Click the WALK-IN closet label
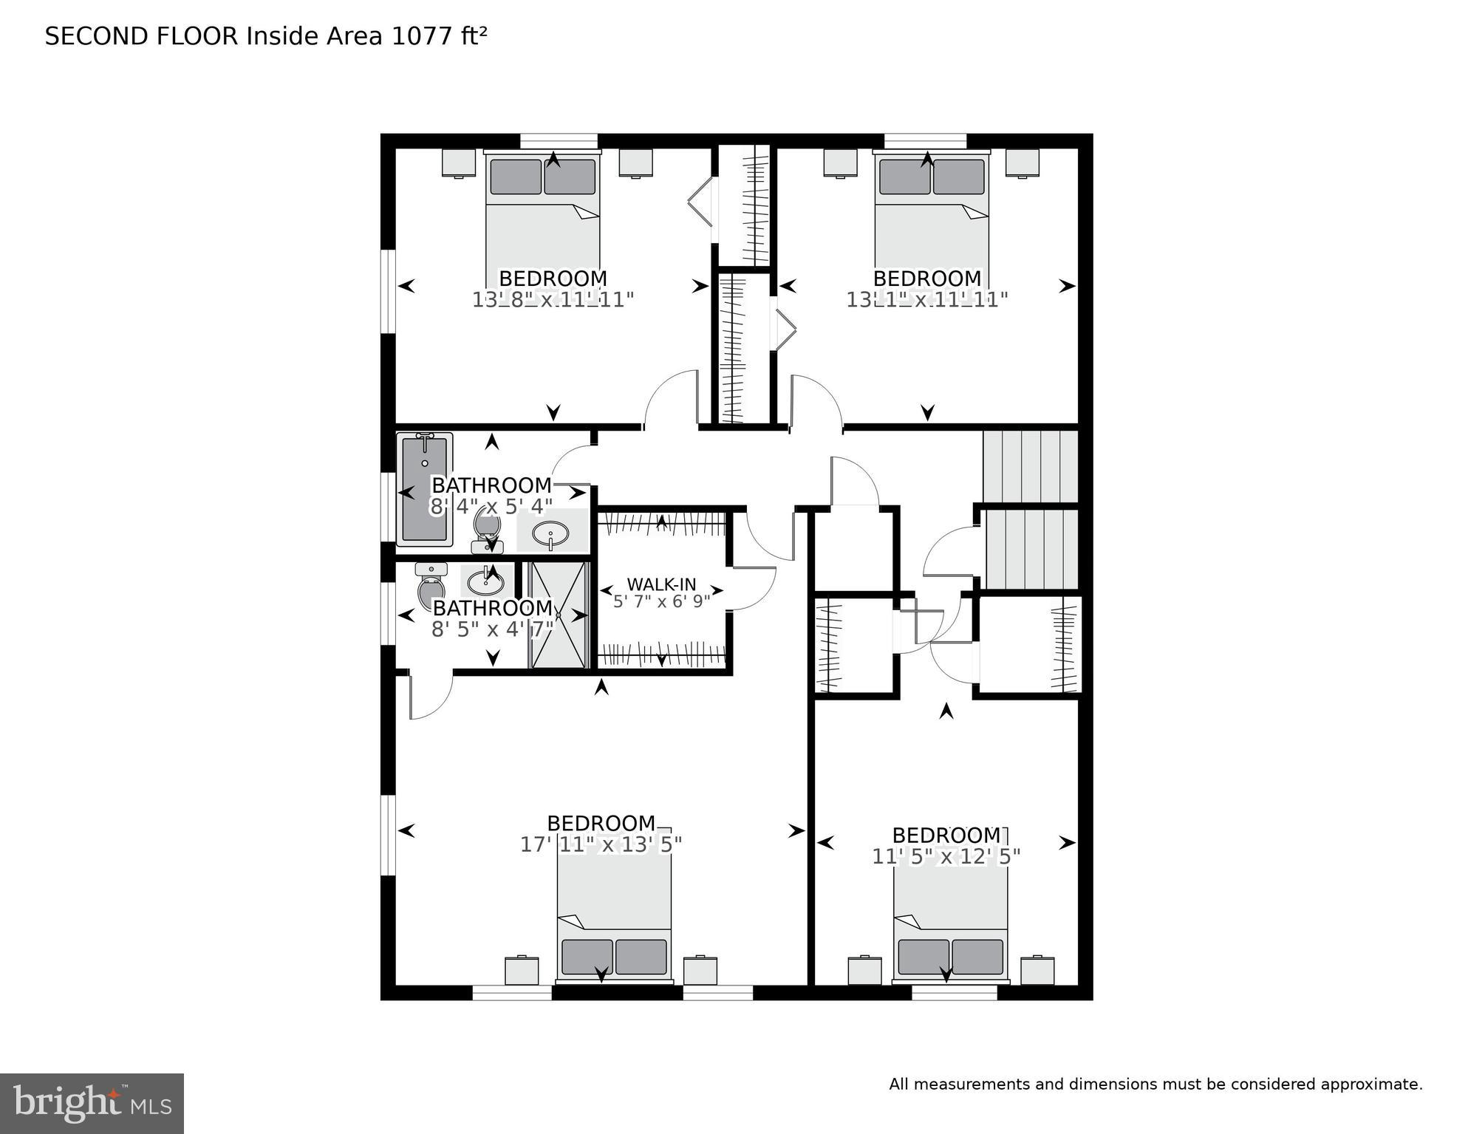click(661, 585)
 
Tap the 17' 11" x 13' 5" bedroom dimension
click(601, 844)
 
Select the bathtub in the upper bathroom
click(424, 489)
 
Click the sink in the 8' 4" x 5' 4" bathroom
click(550, 532)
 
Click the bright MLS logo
click(92, 1103)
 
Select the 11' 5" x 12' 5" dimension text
click(946, 856)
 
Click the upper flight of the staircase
click(1030, 467)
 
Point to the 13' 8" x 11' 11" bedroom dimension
click(553, 300)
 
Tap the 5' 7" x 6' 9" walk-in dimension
click(661, 601)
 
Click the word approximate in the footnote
click(1374, 1085)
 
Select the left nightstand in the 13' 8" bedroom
click(458, 163)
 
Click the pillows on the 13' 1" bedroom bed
click(932, 177)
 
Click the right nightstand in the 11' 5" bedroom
click(1037, 970)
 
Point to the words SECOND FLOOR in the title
click(142, 36)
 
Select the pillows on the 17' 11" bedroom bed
click(614, 957)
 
